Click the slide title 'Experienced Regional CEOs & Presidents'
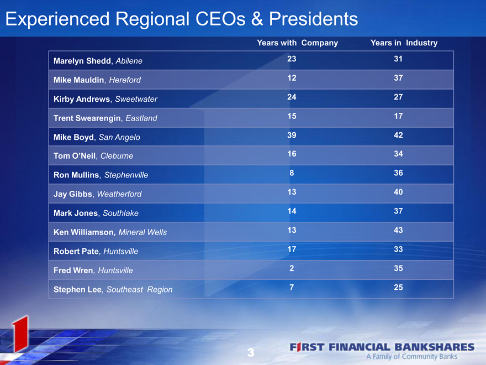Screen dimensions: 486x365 click(182, 19)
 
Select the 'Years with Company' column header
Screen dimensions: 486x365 click(297, 43)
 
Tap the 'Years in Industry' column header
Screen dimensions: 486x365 click(404, 43)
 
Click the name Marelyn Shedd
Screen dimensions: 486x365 click(82, 61)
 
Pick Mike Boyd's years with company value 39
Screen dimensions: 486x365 click(292, 135)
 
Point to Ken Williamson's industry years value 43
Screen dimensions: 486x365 click(398, 230)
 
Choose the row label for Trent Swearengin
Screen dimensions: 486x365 click(105, 118)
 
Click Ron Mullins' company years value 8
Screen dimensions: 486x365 click(292, 173)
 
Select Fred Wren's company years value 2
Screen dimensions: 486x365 click(292, 268)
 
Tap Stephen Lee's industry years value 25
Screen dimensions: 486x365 click(398, 288)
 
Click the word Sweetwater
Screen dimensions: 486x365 click(136, 99)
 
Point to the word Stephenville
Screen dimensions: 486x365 click(126, 175)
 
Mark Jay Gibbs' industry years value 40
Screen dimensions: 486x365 click(398, 192)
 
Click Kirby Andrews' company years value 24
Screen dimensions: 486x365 click(292, 97)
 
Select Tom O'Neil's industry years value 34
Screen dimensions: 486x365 click(398, 154)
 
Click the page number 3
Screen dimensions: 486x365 click(251, 353)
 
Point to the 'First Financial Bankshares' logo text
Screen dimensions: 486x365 click(382, 347)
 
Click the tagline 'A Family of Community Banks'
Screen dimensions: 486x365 click(411, 357)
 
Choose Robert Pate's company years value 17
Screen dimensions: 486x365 click(292, 249)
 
